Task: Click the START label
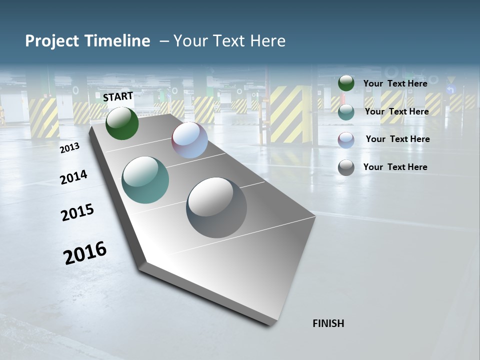pyautogui.click(x=118, y=96)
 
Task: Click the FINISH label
pyautogui.click(x=328, y=323)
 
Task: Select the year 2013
pyautogui.click(x=69, y=147)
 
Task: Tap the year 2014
pyautogui.click(x=73, y=177)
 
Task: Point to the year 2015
pyautogui.click(x=77, y=212)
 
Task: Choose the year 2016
pyautogui.click(x=85, y=252)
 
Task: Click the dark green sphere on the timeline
pyautogui.click(x=122, y=123)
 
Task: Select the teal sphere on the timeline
pyautogui.click(x=145, y=180)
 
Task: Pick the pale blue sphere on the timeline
pyautogui.click(x=189, y=140)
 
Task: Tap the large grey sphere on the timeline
pyautogui.click(x=216, y=207)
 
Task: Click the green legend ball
pyautogui.click(x=346, y=83)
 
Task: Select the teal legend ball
pyautogui.click(x=346, y=112)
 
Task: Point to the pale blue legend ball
pyautogui.click(x=346, y=140)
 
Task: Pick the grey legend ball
pyautogui.click(x=346, y=167)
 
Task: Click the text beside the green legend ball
pyautogui.click(x=395, y=83)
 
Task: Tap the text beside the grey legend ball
pyautogui.click(x=395, y=167)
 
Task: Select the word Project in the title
pyautogui.click(x=51, y=41)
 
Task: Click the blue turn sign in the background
pyautogui.click(x=450, y=90)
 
